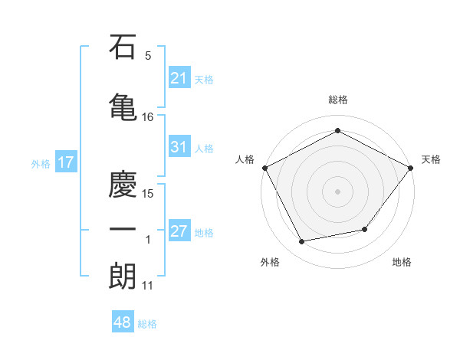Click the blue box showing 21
[179, 77]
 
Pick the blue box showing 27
[179, 231]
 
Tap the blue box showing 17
[64, 162]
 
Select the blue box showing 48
[122, 322]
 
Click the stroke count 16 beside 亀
[148, 117]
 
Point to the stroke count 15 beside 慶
[148, 194]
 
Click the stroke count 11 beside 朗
[148, 286]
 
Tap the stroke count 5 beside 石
[148, 56]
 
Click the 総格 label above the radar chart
[337, 100]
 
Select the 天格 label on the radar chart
[431, 159]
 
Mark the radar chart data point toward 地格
[365, 229]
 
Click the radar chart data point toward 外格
[302, 242]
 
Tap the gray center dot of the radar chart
[337, 191]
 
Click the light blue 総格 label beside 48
[147, 324]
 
